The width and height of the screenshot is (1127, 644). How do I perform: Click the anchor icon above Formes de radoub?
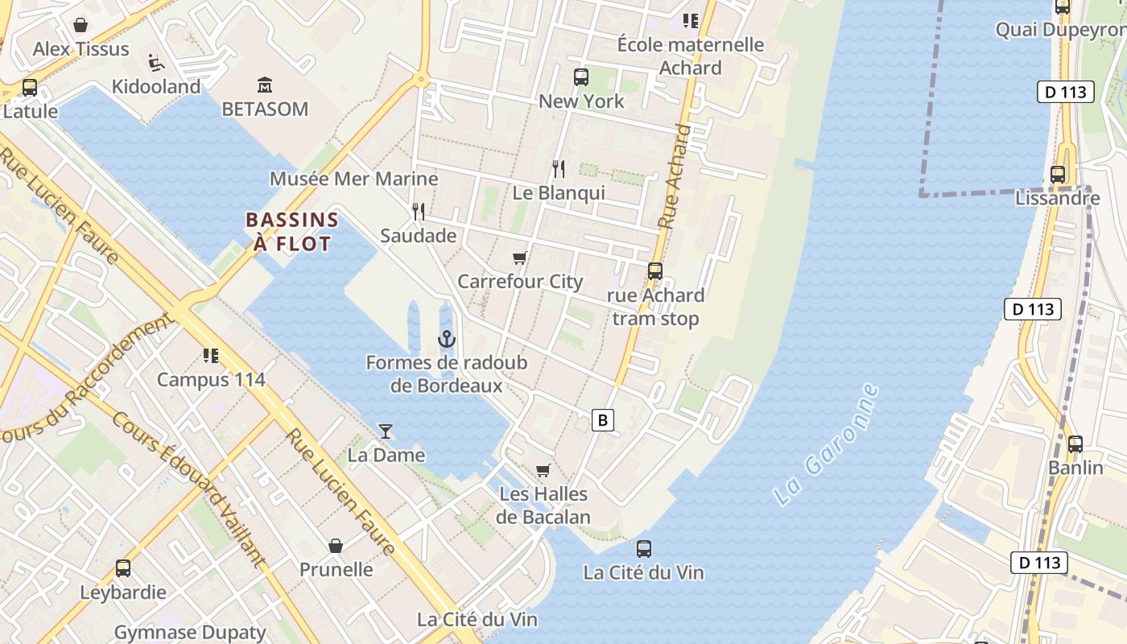click(x=447, y=339)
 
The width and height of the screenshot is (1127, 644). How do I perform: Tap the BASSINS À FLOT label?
click(x=292, y=232)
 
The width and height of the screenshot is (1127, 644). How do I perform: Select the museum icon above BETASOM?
click(x=265, y=85)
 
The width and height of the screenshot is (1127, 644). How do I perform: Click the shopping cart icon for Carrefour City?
click(x=519, y=258)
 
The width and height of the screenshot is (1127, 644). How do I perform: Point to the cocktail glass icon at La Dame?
click(x=386, y=431)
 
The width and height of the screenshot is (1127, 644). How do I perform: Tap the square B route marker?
click(x=602, y=419)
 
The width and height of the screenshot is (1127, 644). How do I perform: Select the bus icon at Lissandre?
click(x=1058, y=174)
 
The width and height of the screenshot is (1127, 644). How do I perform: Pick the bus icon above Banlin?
click(x=1075, y=444)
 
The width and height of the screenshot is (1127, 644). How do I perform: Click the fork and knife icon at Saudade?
click(x=419, y=212)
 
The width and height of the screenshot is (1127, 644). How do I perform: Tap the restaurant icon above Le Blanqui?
click(x=559, y=169)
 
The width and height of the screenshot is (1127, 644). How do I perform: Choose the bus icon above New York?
click(x=581, y=77)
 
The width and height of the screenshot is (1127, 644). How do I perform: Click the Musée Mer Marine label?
click(x=354, y=179)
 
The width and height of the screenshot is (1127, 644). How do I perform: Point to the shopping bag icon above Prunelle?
click(x=336, y=546)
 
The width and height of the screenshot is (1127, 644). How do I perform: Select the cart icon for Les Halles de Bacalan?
click(x=543, y=470)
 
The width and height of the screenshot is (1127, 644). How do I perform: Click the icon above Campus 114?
click(x=211, y=355)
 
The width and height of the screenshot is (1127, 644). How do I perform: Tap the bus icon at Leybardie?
click(x=123, y=568)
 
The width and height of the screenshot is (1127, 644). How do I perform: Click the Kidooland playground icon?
click(x=156, y=62)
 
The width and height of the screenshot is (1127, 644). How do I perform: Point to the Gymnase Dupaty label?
click(x=190, y=632)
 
